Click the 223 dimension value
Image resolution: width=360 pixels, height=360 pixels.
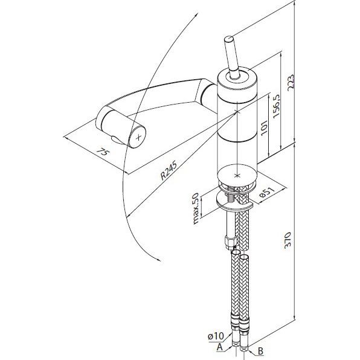[x=291, y=82]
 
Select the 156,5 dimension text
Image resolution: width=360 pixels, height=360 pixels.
[x=276, y=106]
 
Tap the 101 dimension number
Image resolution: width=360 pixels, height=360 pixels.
[x=264, y=127]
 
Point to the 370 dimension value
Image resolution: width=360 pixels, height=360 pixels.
[x=288, y=240]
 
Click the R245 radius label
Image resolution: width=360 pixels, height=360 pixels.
[x=169, y=170]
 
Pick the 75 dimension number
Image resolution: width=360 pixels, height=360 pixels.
[x=102, y=152]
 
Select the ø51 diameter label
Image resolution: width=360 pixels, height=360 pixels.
[x=267, y=192]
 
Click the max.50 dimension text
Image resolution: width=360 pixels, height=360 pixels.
[x=195, y=208]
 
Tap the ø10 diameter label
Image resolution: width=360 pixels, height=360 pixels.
[x=216, y=336]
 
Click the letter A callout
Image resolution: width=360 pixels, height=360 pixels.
[x=220, y=347]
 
